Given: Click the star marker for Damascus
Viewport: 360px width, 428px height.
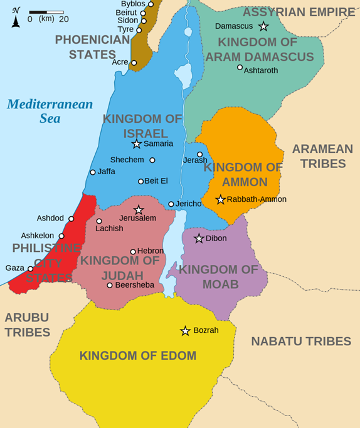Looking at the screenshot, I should [x=263, y=26].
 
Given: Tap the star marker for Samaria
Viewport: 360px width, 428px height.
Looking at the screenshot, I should [x=136, y=144].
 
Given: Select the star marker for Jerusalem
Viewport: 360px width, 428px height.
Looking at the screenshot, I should [x=139, y=210].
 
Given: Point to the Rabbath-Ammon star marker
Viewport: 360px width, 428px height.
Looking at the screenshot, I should [x=220, y=199].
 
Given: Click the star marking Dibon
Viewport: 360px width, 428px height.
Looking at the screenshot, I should [x=199, y=238].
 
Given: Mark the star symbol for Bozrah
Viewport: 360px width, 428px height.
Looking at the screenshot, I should [x=185, y=330].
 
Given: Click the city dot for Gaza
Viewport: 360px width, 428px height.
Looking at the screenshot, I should [x=30, y=268].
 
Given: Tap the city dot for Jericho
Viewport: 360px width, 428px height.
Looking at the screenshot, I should [x=171, y=204].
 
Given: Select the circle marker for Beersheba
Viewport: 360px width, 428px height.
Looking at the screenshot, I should [x=110, y=285].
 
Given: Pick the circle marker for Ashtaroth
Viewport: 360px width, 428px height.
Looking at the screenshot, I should [x=240, y=67].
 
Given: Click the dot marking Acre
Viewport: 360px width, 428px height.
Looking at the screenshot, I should [x=134, y=63].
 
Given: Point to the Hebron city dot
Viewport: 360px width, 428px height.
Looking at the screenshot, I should [x=133, y=251].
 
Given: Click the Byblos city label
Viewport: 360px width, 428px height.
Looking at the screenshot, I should [x=132, y=4].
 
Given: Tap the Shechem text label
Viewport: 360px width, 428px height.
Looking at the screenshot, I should [x=127, y=160].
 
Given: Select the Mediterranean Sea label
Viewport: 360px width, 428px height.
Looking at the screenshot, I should [x=50, y=111].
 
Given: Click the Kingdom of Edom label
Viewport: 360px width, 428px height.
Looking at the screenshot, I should [x=137, y=356].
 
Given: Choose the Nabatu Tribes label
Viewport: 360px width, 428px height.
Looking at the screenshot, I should [x=301, y=342].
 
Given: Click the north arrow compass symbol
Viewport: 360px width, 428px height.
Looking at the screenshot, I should [x=16, y=18].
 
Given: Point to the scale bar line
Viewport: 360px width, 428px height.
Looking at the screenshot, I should [x=46, y=12].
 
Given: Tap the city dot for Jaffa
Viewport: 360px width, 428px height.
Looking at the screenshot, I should [x=93, y=172].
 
